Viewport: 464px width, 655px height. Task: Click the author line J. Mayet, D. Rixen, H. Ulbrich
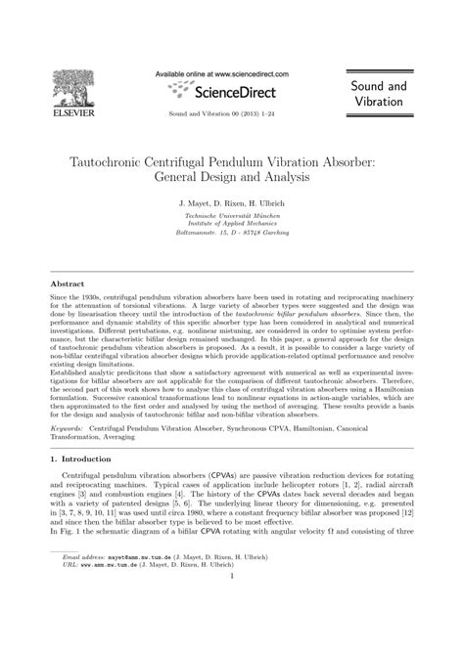232,206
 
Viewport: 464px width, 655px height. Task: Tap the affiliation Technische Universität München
232,221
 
